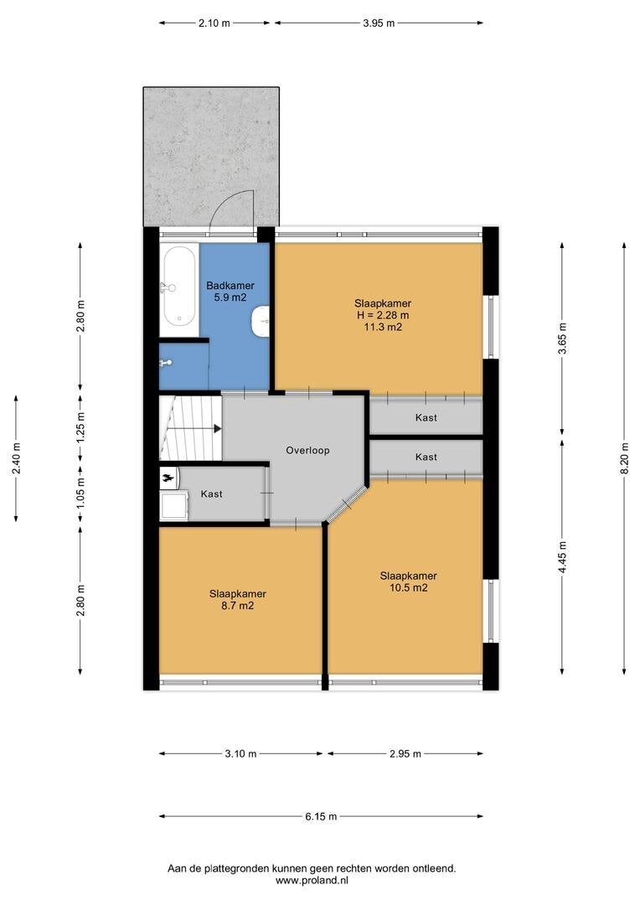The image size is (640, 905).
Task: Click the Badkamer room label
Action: [x=230, y=286]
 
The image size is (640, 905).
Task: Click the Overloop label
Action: [x=307, y=450]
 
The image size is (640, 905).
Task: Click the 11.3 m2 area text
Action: [x=383, y=328]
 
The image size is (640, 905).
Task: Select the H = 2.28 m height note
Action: [x=383, y=315]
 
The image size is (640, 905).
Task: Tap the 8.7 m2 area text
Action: [x=238, y=606]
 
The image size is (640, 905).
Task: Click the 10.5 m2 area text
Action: [x=408, y=588]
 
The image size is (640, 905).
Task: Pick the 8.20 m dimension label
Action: [x=624, y=458]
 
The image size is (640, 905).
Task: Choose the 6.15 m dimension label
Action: [x=321, y=816]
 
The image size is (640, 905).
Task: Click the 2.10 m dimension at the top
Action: [x=214, y=23]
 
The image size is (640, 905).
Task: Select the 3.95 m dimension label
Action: [x=379, y=23]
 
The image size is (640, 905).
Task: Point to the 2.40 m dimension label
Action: [x=16, y=458]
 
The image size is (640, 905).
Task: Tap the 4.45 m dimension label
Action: [x=562, y=556]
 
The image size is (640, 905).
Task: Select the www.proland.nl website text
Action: [x=312, y=880]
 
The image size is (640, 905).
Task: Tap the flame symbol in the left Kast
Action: [x=168, y=478]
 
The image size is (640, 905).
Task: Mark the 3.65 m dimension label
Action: [x=562, y=339]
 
